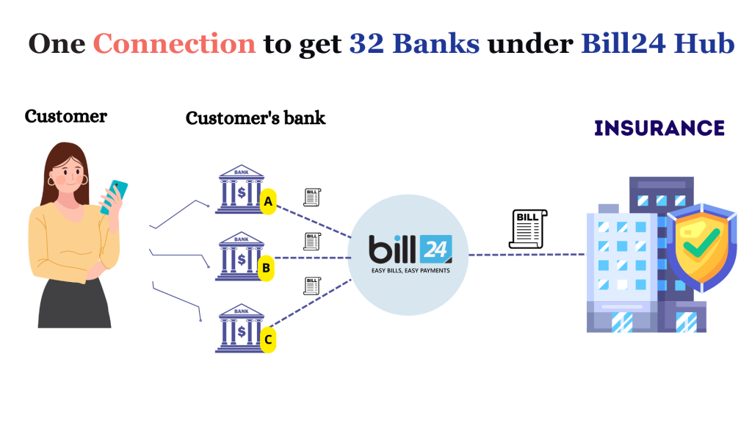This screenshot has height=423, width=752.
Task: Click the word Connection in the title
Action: (175, 44)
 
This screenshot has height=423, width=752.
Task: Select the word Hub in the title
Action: (707, 44)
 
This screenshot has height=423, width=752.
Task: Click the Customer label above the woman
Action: (65, 116)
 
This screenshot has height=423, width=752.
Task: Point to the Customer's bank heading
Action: (255, 117)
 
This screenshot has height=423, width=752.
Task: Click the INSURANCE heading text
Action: (659, 128)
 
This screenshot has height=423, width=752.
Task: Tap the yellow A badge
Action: (268, 201)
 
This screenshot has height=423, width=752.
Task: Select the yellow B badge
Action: (267, 268)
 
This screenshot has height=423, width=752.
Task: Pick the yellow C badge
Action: (268, 339)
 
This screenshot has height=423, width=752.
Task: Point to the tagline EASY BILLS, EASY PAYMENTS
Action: (410, 270)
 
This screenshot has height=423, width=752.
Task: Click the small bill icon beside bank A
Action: (312, 197)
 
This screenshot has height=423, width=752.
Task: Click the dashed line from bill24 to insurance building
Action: (526, 255)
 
